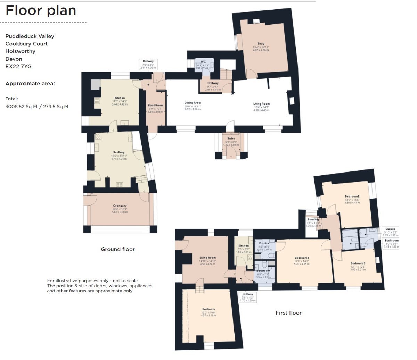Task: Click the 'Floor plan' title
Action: coord(41,11)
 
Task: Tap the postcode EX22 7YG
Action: coord(18,66)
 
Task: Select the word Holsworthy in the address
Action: coord(20,51)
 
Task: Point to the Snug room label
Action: coord(261,44)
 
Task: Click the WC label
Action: coord(203,62)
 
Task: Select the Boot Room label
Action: coord(155,105)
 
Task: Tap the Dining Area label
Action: coord(192,103)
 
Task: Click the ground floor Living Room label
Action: coord(261,104)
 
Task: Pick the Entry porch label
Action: coord(231,139)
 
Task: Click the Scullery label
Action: coord(119,152)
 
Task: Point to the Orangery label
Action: coord(120,206)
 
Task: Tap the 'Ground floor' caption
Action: coord(118,249)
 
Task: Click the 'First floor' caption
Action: coord(288,313)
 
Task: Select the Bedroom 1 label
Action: coord(301,258)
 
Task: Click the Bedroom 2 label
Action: coord(352,196)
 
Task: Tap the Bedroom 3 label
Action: coord(358,263)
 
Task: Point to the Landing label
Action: coord(313,219)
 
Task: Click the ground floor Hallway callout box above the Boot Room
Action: coord(148,64)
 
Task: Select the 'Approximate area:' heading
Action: coord(30,84)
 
